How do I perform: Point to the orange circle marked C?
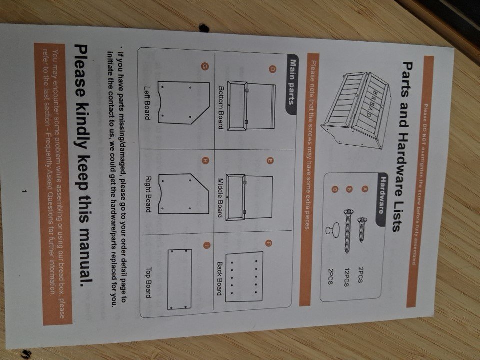point(334,190)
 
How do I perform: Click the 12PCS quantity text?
point(346,277)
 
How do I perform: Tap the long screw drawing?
point(348,231)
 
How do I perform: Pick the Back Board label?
point(220,278)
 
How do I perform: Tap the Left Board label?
point(147,103)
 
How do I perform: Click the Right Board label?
point(148,194)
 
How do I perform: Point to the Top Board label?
point(148,282)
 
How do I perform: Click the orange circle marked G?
point(205,66)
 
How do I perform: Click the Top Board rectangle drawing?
point(179,279)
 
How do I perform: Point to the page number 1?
point(24,191)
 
